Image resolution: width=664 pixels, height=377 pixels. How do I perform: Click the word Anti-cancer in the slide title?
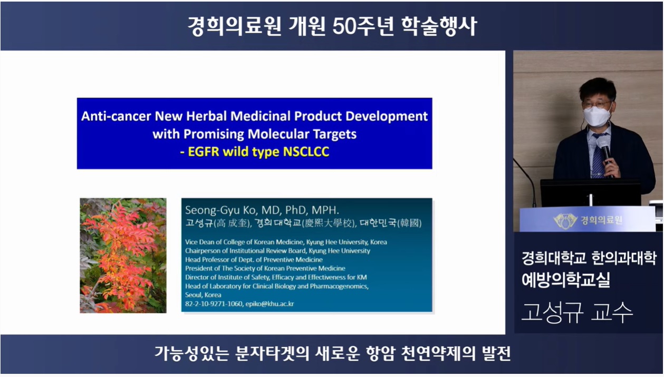click(x=116, y=116)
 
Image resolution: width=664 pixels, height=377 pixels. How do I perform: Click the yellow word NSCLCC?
click(x=306, y=152)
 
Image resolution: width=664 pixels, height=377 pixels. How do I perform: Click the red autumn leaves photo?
click(x=123, y=255)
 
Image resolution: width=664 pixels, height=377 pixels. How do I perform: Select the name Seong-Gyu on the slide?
click(x=212, y=211)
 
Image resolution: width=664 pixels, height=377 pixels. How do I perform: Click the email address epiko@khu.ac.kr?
click(x=270, y=304)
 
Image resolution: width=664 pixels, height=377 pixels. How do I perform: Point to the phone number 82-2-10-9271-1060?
click(x=214, y=304)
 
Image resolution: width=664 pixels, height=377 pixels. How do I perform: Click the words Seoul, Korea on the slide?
click(x=203, y=295)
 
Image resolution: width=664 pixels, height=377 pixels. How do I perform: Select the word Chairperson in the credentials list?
click(x=203, y=251)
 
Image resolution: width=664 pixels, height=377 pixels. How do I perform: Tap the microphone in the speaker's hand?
click(x=605, y=152)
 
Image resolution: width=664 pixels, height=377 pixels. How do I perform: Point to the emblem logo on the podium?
click(x=565, y=221)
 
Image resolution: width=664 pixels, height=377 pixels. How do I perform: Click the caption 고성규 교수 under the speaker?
click(x=577, y=312)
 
